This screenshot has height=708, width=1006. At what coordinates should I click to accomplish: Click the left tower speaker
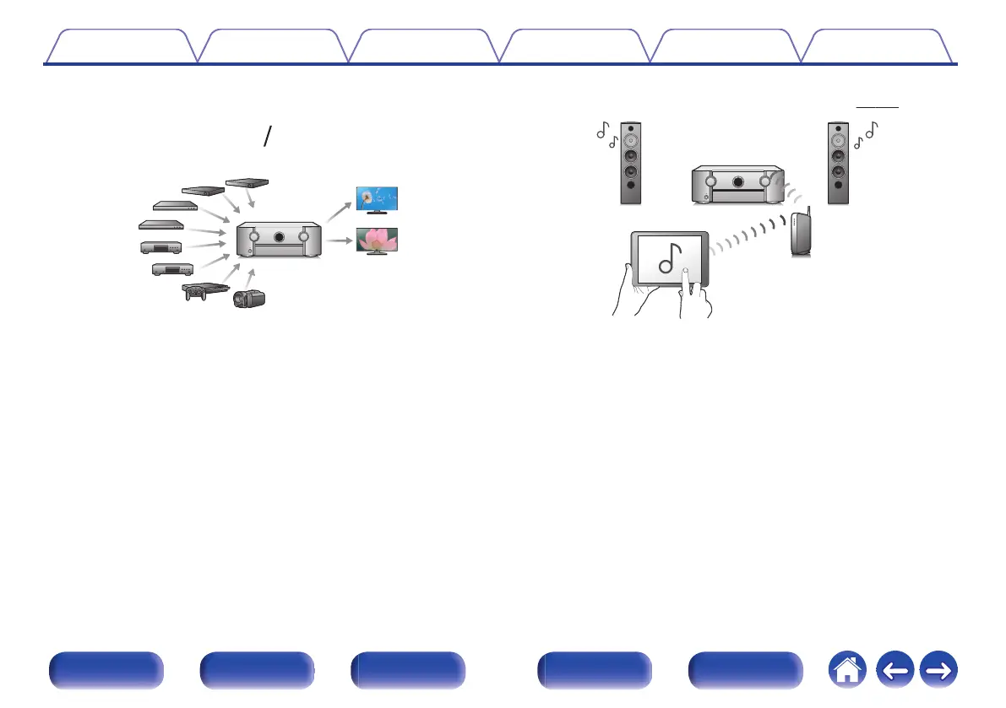(630, 164)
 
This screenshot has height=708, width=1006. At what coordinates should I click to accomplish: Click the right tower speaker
(838, 164)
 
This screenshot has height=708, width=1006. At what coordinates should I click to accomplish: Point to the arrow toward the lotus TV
(340, 241)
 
